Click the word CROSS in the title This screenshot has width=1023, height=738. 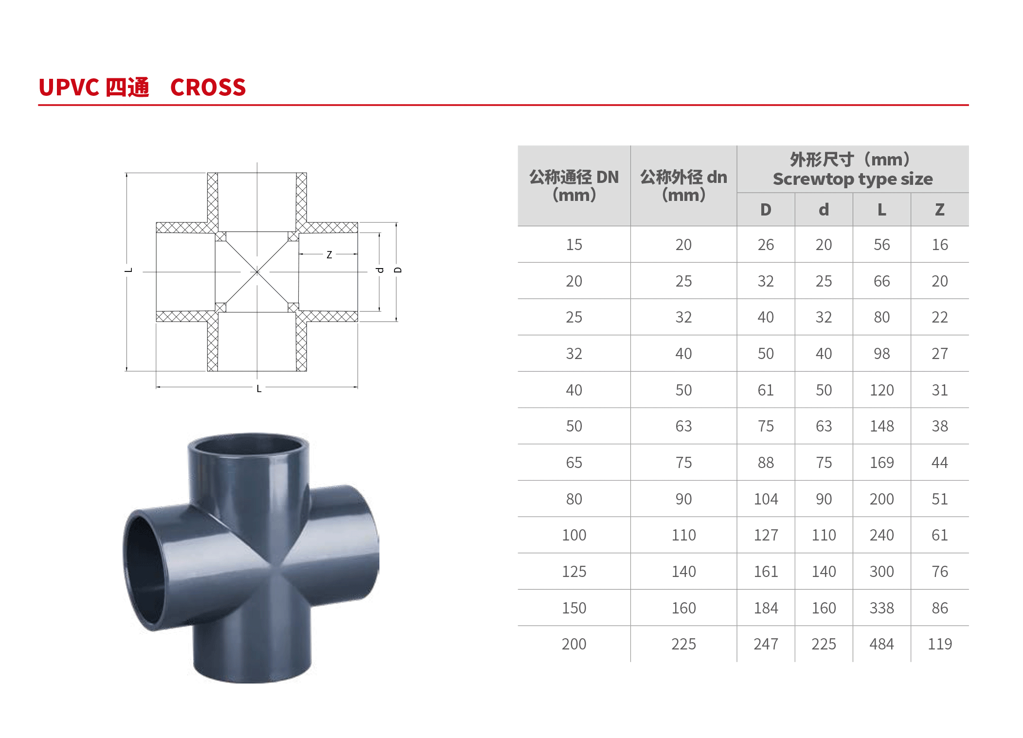coord(208,88)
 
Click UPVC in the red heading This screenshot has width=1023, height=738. coord(69,88)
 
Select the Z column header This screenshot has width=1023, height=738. coord(939,210)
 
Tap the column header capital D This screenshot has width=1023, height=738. coord(766,210)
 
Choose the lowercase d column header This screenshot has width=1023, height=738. coord(824,210)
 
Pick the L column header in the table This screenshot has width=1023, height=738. coord(881,210)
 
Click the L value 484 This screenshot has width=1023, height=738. coord(881,644)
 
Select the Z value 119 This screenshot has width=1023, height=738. coord(939,644)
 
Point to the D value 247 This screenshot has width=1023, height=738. coord(766,644)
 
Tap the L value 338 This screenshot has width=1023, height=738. coord(881,608)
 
